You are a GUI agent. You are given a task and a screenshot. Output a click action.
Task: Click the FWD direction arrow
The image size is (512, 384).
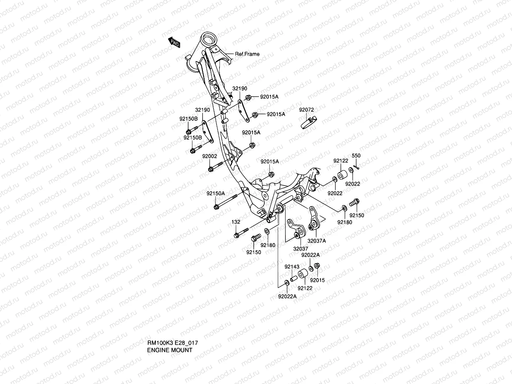174,42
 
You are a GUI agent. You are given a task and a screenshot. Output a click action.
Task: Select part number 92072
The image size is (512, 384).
306,110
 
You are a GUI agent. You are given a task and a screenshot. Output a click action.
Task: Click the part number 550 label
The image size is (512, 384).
356,156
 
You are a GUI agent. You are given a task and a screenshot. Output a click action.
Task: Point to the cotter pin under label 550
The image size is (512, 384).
357,167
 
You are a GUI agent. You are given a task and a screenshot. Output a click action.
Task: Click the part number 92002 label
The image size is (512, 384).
209,156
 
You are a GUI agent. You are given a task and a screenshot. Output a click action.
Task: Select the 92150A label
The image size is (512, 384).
215,194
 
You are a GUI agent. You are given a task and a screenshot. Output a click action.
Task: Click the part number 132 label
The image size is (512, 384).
236,222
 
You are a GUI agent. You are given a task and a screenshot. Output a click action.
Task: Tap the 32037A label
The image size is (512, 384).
316,241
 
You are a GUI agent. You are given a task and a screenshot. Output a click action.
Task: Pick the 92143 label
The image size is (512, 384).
292,267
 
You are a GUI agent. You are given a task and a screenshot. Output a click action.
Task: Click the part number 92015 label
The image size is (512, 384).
317,280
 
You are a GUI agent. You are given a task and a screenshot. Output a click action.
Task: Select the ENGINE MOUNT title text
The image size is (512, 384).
170,350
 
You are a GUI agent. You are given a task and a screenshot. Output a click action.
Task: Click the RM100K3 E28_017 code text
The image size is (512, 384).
172,343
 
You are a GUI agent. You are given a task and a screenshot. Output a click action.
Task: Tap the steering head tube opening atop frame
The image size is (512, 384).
209,40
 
